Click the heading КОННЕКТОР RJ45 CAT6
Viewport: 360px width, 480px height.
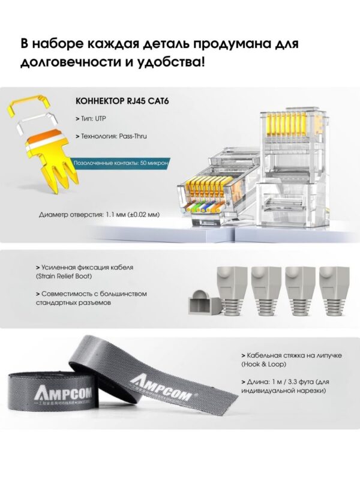coord(122,101)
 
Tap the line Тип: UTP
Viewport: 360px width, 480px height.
coord(91,118)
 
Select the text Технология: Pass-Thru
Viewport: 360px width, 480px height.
coord(111,136)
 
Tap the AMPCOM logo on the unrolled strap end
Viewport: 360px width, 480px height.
coord(164,386)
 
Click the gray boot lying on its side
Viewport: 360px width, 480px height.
coord(204,301)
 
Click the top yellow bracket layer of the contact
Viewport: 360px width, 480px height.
coord(29,104)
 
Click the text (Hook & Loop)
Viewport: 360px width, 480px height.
coord(263,364)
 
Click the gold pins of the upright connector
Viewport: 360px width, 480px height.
coord(287,124)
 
